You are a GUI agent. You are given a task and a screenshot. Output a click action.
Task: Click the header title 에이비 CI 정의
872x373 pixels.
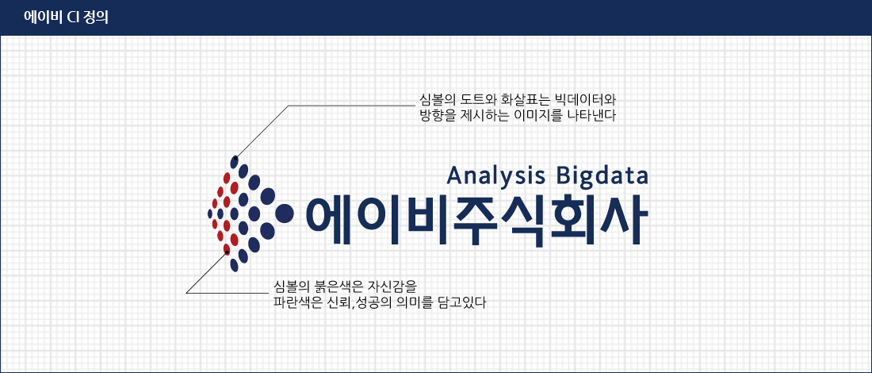pyautogui.click(x=66, y=17)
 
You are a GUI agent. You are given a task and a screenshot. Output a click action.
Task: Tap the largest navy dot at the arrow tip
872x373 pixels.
pyautogui.click(x=284, y=213)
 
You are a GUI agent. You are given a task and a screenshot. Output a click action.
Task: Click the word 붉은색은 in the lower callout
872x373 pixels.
pyautogui.click(x=340, y=287)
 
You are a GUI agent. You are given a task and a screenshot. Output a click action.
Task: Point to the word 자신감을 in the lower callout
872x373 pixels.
pyautogui.click(x=392, y=287)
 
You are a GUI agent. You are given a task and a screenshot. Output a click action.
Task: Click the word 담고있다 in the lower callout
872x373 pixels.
pyautogui.click(x=462, y=303)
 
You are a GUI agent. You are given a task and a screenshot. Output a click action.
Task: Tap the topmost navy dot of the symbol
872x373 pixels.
pyautogui.click(x=235, y=161)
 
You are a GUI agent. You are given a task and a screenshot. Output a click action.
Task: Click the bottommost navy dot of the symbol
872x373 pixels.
pyautogui.click(x=234, y=265)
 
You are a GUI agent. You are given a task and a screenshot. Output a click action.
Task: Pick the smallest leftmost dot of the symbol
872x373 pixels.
pyautogui.click(x=209, y=213)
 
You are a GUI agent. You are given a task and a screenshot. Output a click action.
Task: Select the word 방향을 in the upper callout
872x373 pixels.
pyautogui.click(x=431, y=116)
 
